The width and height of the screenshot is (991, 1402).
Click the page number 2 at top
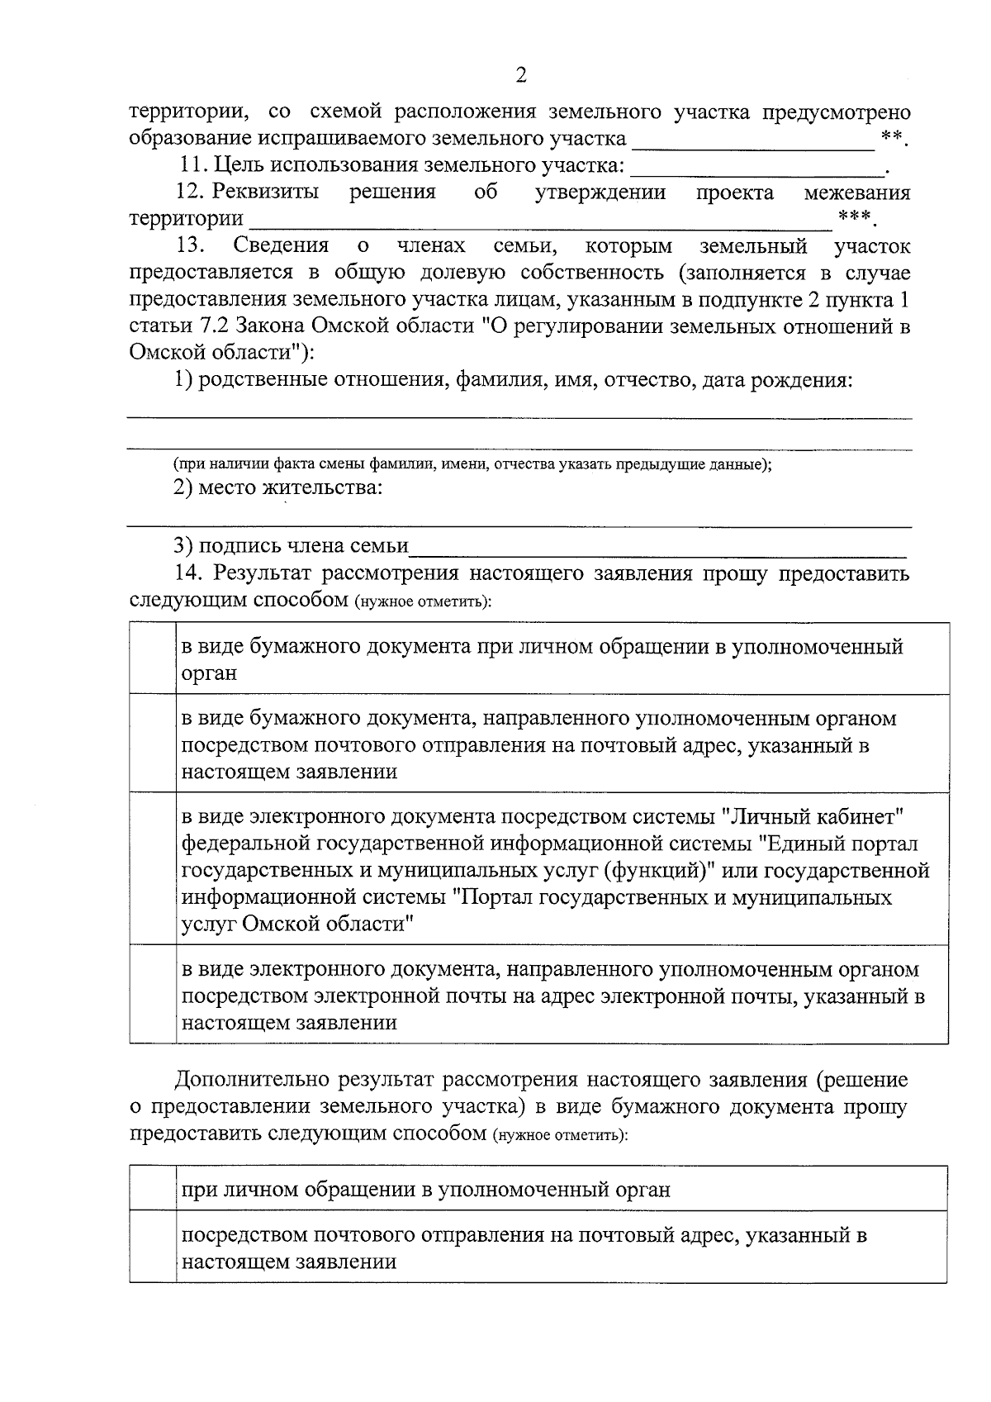[520, 76]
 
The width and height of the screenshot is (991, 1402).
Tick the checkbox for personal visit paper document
[154, 659]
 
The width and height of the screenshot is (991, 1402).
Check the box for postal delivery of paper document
[154, 744]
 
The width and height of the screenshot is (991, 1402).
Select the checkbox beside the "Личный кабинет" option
[154, 869]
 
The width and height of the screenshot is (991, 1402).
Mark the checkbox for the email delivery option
[154, 996]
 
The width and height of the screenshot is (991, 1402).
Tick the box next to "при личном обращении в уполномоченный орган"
[154, 1189]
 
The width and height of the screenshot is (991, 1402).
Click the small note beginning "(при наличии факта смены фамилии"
[472, 464]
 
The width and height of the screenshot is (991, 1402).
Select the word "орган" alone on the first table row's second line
[209, 673]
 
